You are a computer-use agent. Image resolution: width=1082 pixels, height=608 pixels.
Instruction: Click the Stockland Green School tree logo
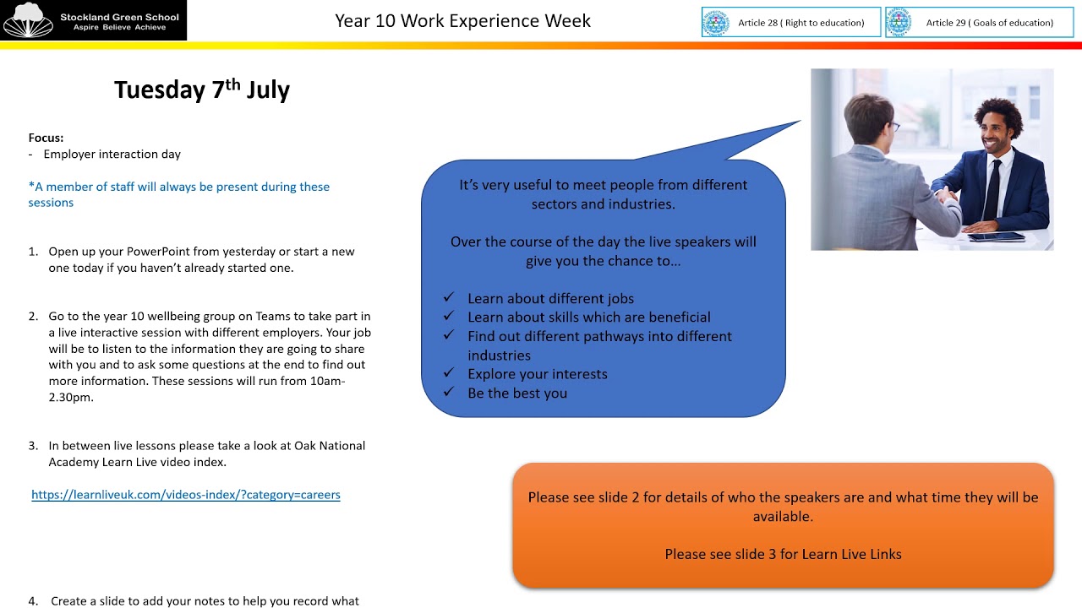(28, 20)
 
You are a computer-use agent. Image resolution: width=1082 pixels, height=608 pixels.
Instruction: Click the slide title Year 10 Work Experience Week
(462, 21)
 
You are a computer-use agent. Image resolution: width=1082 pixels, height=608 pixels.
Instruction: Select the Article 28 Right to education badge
(790, 23)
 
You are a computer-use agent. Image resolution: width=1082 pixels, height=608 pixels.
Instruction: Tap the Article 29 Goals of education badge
(979, 23)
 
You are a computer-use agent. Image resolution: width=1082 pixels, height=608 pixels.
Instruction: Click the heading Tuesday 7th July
(201, 90)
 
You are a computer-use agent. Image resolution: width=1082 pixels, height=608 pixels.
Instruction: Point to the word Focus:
(46, 138)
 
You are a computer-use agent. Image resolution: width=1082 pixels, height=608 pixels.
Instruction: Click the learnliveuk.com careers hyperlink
(185, 495)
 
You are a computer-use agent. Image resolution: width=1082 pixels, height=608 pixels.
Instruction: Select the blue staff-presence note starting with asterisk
(178, 194)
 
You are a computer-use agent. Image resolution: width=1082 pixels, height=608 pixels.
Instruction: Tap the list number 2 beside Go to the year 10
(33, 317)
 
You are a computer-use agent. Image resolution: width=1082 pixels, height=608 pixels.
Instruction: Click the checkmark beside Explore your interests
(449, 373)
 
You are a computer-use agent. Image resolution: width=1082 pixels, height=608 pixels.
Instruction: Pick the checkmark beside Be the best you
(449, 393)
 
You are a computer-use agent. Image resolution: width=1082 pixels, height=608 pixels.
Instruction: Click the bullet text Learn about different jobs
(550, 298)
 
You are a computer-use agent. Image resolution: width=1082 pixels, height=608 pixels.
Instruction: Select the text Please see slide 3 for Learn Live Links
(783, 555)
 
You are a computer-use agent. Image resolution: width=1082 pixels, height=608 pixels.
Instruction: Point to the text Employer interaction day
(112, 155)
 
